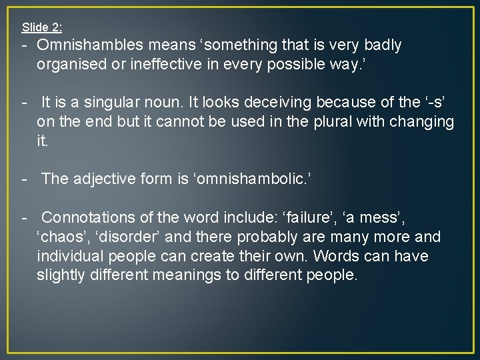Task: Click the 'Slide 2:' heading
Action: [x=42, y=27]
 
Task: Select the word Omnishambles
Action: [x=90, y=45]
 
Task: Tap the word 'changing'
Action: [x=421, y=122]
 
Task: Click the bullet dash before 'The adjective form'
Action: [x=24, y=179]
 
